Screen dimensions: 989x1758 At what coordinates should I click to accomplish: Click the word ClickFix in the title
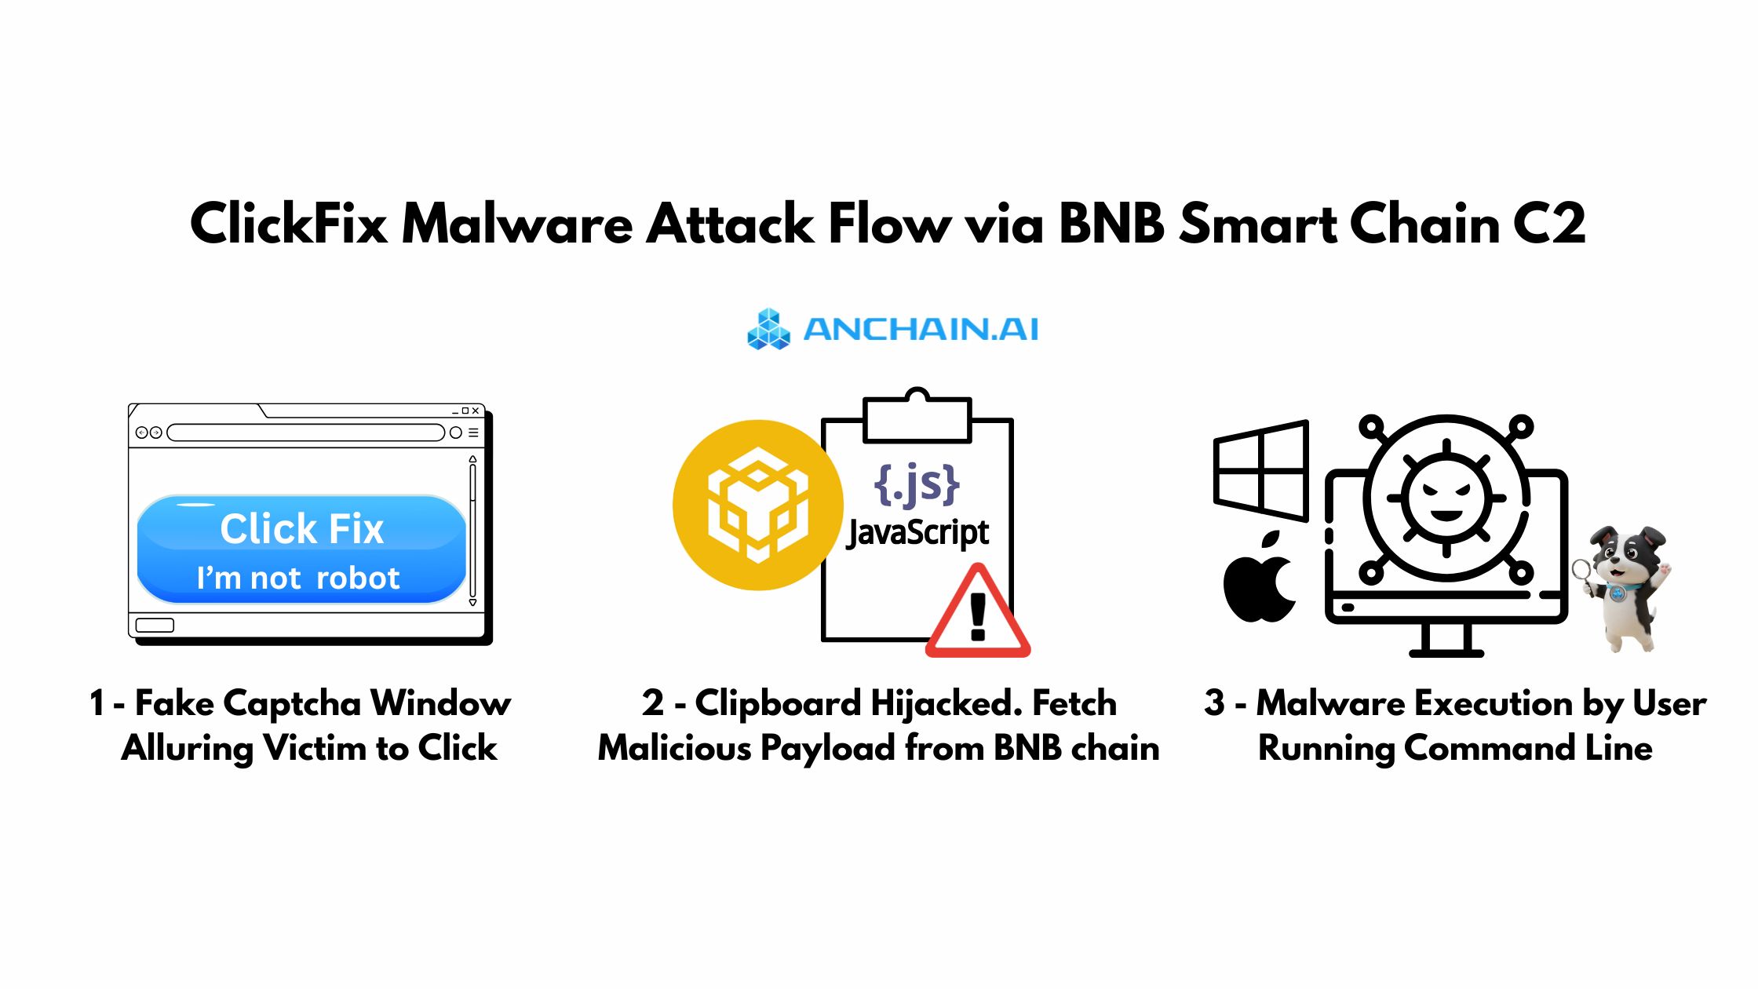point(289,224)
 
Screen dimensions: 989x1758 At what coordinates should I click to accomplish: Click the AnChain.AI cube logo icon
point(768,330)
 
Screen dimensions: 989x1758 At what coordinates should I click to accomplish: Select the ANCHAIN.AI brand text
point(921,330)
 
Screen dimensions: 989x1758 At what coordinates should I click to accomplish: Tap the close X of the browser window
point(476,411)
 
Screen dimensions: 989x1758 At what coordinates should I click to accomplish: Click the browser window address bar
point(306,432)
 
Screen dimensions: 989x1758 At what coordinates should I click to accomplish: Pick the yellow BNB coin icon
point(757,505)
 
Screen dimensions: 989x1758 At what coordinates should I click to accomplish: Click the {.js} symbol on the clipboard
point(916,484)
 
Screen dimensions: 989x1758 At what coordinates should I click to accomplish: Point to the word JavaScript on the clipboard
point(917,534)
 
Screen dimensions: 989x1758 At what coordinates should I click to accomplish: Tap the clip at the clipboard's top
point(917,416)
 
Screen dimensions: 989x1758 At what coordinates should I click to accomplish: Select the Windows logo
point(1260,471)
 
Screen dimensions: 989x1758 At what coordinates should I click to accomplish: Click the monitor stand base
point(1446,651)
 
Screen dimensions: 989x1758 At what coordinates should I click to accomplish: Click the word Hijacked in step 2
point(946,703)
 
